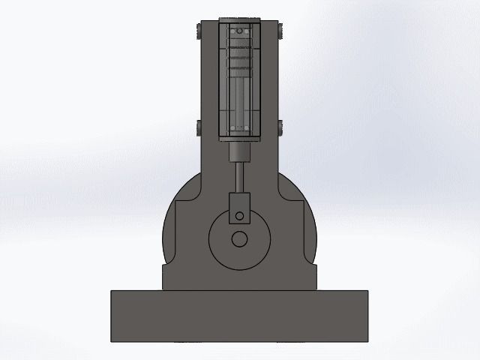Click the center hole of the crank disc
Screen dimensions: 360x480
239,239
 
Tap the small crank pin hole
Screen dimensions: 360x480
239,216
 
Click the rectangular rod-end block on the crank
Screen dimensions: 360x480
239,205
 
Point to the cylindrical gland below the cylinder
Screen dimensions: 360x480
239,152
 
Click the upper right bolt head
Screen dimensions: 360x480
280,31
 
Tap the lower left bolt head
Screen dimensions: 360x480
196,127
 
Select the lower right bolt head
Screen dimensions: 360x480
280,127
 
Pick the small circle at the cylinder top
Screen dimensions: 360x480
239,33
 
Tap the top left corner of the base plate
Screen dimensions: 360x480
111,291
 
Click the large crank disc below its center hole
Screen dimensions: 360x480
239,259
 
